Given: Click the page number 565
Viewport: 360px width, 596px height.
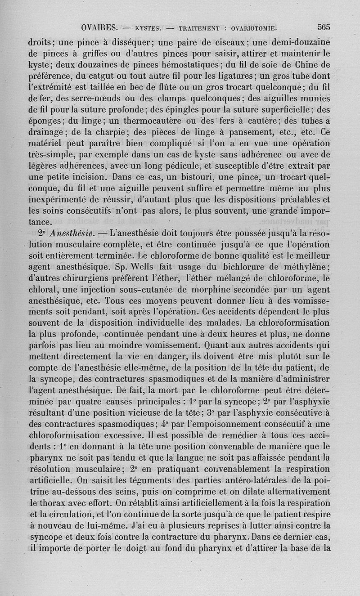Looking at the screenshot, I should [x=324, y=27].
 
